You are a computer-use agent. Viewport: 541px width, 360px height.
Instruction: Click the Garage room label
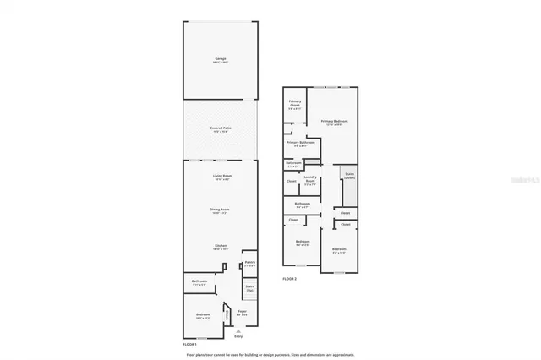tap(220, 60)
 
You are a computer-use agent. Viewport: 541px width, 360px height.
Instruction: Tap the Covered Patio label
tap(220, 129)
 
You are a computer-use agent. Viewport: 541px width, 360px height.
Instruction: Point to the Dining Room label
tap(220, 210)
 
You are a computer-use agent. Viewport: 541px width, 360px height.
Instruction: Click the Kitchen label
tap(220, 247)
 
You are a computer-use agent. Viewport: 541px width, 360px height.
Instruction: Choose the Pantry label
tap(249, 264)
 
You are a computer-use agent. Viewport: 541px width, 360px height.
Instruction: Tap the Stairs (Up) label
tap(249, 289)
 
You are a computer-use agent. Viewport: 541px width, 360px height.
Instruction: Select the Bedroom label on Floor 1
tap(202, 315)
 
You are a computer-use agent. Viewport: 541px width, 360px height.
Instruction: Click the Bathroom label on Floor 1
tap(199, 281)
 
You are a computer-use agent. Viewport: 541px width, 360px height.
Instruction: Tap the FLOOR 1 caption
tap(190, 345)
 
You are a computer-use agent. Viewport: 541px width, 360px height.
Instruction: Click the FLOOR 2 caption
tap(290, 278)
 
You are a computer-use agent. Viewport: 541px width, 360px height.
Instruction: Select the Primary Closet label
tap(294, 104)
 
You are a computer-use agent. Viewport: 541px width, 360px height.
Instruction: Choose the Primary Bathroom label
tap(301, 144)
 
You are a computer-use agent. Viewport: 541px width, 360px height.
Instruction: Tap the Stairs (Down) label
tap(348, 177)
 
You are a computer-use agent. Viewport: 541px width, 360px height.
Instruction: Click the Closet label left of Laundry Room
tap(291, 181)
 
